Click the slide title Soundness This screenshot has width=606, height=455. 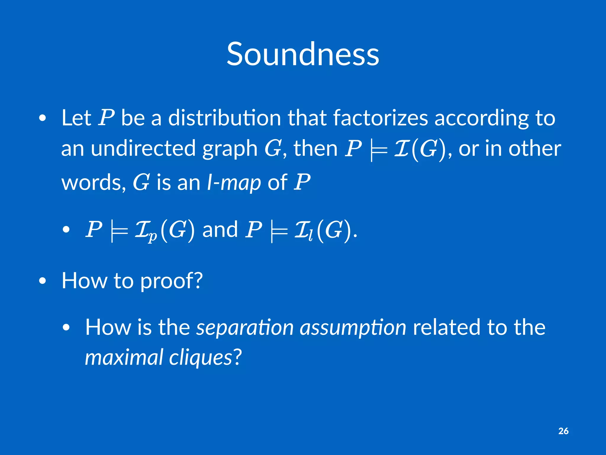click(x=303, y=54)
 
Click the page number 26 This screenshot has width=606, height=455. click(x=563, y=431)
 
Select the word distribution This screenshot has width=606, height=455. click(x=224, y=118)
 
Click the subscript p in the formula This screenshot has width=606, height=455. click(x=152, y=236)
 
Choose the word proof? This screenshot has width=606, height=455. click(x=171, y=281)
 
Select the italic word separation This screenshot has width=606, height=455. click(x=245, y=328)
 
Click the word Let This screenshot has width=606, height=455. click(x=76, y=118)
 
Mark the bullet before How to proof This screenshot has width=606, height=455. click(x=43, y=281)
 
